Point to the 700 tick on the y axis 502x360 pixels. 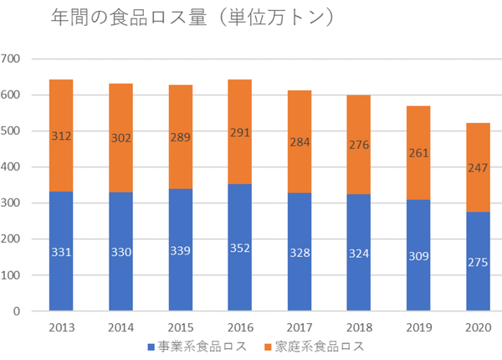12,59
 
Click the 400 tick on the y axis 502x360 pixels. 12,167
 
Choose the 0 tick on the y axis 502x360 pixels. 17,311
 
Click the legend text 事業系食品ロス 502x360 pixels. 198,345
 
